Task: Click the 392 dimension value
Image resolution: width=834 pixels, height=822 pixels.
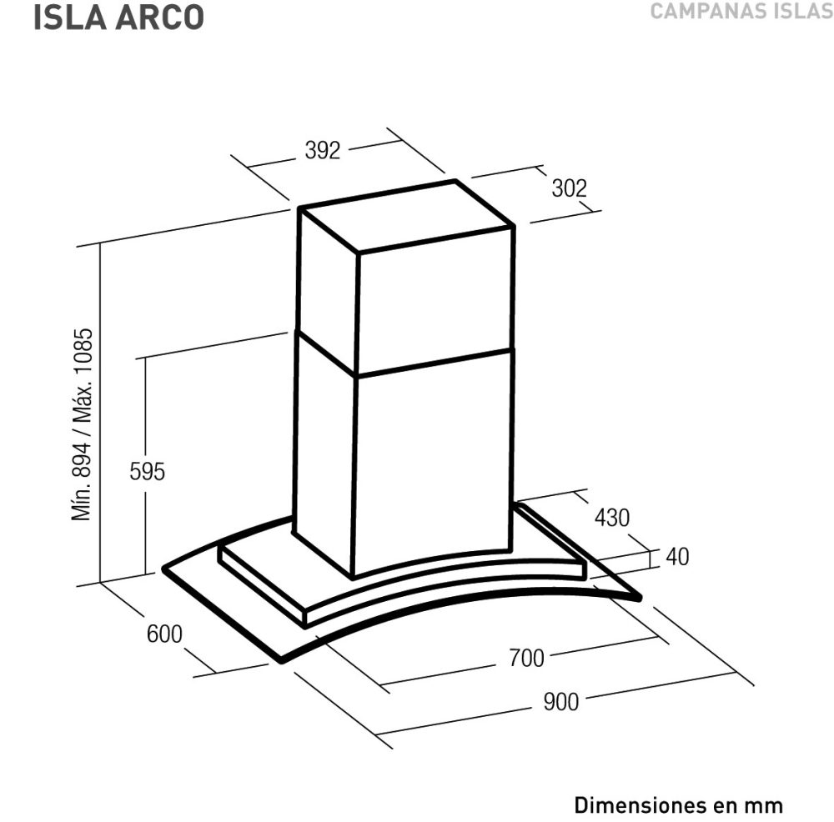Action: [x=322, y=150]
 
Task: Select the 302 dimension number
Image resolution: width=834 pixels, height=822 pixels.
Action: [x=569, y=188]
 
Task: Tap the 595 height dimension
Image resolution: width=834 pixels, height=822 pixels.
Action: [x=148, y=472]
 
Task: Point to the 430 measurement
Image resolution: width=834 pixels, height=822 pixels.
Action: [x=611, y=518]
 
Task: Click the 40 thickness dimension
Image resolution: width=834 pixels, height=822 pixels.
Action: [x=677, y=557]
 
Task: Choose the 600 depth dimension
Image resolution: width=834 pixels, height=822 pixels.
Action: [x=164, y=634]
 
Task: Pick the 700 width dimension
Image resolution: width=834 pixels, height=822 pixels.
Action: [x=526, y=658]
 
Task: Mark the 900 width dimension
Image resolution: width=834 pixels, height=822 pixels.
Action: [x=560, y=702]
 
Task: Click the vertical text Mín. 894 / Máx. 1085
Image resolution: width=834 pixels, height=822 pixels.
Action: [x=83, y=424]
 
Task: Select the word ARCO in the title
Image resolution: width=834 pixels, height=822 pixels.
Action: [x=159, y=17]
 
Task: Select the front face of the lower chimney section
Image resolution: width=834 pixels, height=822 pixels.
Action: [x=434, y=460]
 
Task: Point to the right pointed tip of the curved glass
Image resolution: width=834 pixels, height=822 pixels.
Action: [x=640, y=599]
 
